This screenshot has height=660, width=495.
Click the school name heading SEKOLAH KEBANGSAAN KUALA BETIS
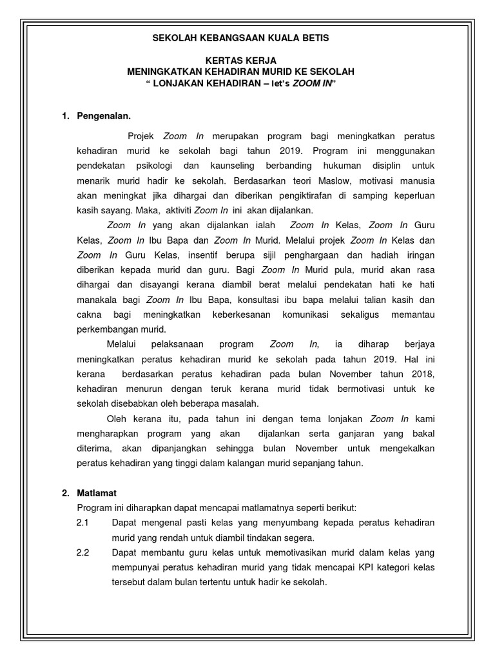point(240,38)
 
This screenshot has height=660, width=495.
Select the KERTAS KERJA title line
point(240,60)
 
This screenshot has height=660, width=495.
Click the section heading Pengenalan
point(104,116)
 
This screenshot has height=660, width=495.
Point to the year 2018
point(421,374)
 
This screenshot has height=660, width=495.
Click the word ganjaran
point(358,434)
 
